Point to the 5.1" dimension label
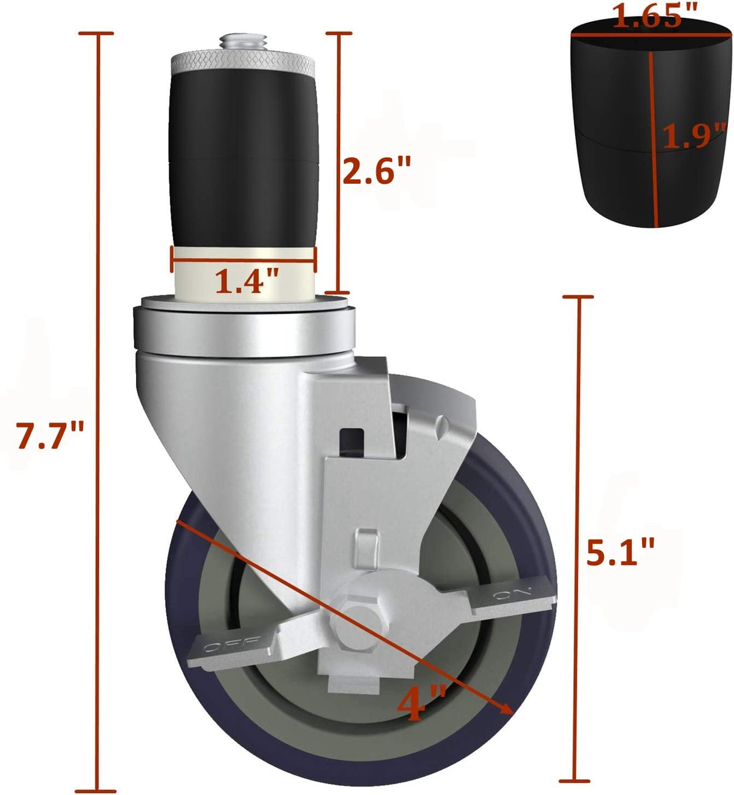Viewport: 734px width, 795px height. point(620,552)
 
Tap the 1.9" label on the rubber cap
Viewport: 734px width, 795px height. point(693,135)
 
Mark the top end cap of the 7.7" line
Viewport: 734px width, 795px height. point(97,33)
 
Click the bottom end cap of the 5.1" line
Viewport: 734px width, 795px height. point(573,780)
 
